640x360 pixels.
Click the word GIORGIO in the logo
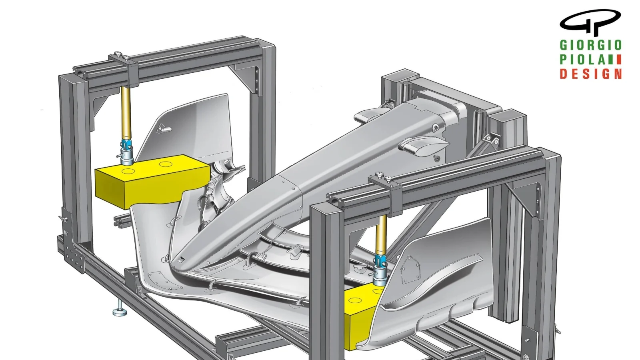click(590, 45)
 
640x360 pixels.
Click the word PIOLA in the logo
click(582, 60)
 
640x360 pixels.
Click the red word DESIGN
click(590, 74)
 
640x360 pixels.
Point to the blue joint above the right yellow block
click(380, 262)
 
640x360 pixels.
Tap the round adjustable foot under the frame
click(119, 312)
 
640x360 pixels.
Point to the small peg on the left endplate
click(163, 129)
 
